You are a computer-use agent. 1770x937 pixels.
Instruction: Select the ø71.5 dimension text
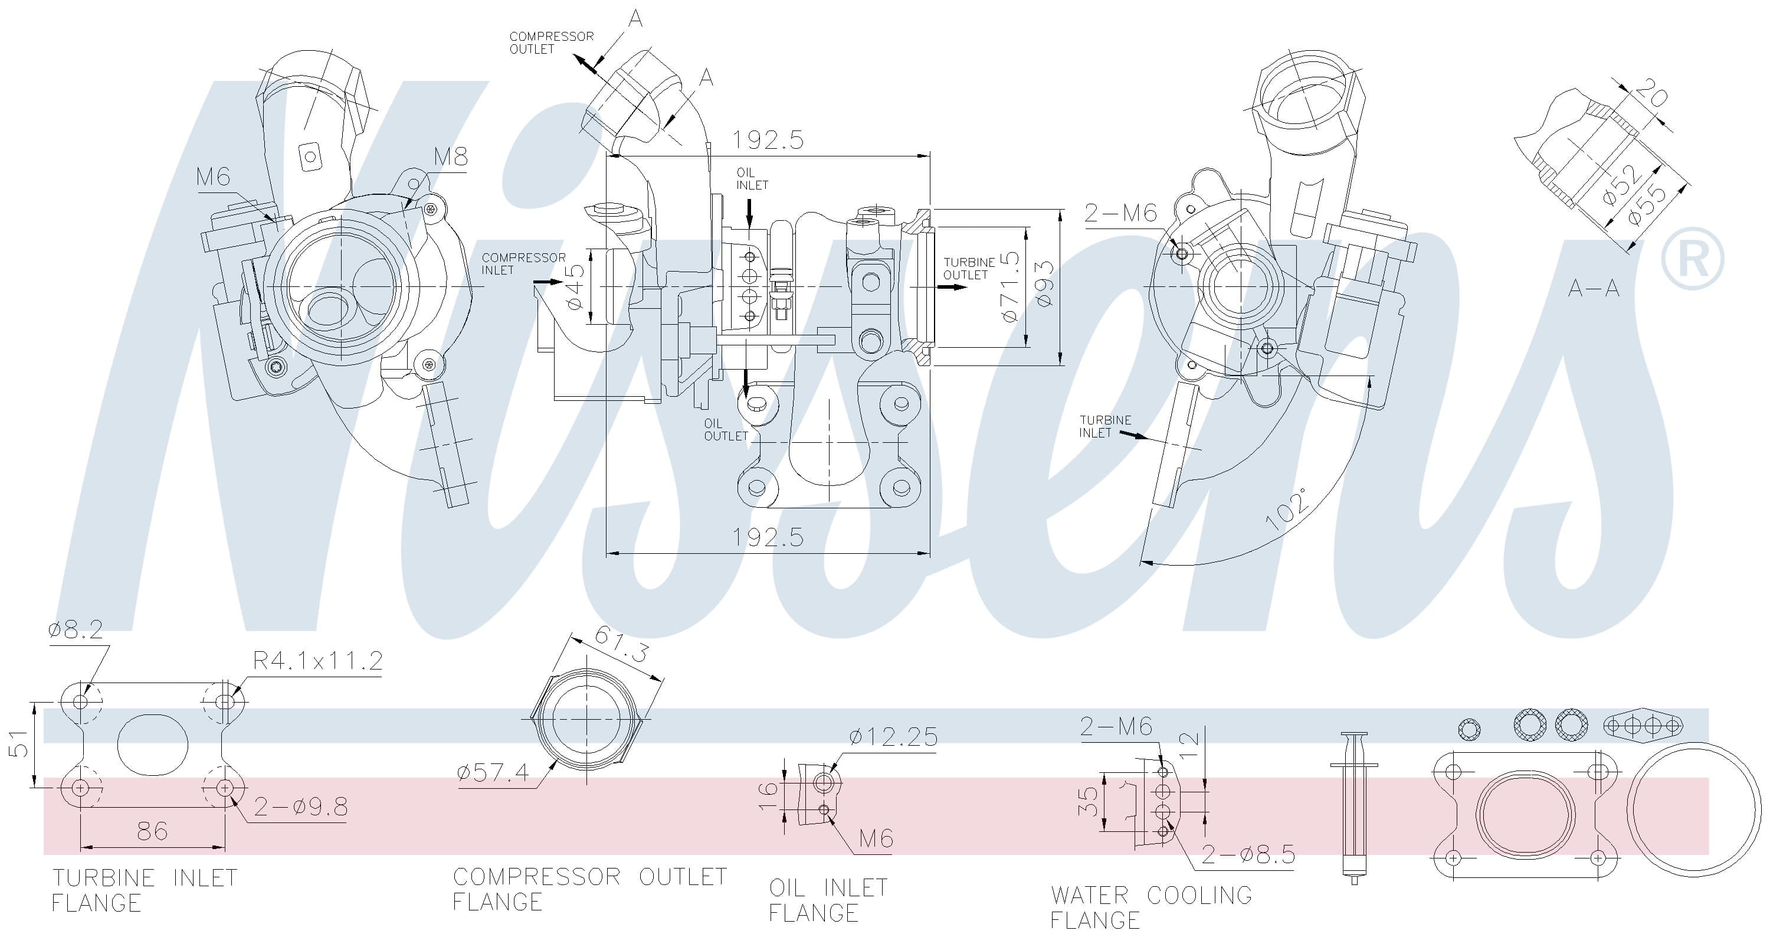[x=1009, y=287]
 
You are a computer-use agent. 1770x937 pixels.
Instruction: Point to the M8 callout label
[x=451, y=156]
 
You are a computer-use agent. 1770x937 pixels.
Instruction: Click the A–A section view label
[x=1594, y=288]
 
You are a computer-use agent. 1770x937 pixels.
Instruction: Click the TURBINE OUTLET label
[x=969, y=268]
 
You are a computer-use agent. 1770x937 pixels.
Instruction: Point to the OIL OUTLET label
[x=726, y=430]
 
